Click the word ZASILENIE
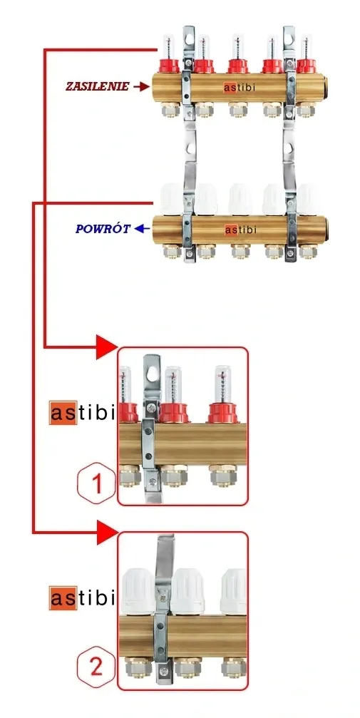click(x=97, y=86)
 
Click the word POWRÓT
click(x=103, y=228)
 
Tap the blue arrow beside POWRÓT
click(x=142, y=228)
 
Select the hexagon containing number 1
click(x=96, y=483)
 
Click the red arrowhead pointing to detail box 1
click(x=107, y=347)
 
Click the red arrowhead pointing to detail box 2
click(x=108, y=532)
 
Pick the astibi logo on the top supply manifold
click(x=240, y=88)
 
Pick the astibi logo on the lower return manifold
click(x=240, y=230)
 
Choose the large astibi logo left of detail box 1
click(x=81, y=413)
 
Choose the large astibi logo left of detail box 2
click(x=81, y=598)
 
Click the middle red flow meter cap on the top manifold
click(x=237, y=66)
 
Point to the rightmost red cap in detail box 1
click(x=222, y=413)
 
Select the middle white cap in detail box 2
click(x=187, y=592)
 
